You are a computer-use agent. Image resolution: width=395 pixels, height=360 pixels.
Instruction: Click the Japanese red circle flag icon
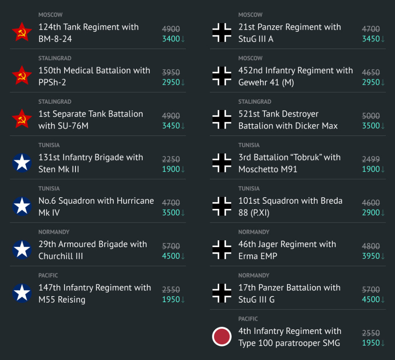click(x=222, y=337)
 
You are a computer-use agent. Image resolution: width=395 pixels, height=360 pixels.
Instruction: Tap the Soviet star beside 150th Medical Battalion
click(x=22, y=76)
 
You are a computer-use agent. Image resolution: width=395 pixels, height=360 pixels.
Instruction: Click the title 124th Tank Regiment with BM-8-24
click(x=88, y=33)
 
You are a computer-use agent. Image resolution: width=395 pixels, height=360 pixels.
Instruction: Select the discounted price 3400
click(x=171, y=39)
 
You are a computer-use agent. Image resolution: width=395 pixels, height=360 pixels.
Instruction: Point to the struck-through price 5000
click(x=371, y=116)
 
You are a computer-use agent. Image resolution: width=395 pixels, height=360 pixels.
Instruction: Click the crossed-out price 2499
click(x=371, y=160)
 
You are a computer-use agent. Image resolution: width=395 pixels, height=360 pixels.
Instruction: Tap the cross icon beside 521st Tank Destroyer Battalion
click(x=222, y=119)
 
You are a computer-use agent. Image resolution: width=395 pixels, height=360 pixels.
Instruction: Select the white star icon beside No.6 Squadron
click(x=22, y=206)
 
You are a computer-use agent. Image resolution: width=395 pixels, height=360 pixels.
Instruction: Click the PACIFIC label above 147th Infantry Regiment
click(x=48, y=275)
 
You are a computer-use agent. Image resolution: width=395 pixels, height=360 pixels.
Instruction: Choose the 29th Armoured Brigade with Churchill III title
click(x=92, y=250)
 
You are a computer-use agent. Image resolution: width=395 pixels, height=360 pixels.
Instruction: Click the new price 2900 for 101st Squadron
click(x=371, y=213)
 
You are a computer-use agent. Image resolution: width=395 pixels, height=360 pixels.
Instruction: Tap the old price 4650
click(x=371, y=73)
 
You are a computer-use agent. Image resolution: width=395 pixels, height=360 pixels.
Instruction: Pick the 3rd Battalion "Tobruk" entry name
click(x=289, y=163)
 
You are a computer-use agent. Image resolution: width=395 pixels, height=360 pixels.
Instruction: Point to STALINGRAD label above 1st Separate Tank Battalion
click(x=55, y=102)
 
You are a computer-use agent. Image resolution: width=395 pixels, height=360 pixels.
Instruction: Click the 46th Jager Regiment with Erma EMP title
click(x=287, y=250)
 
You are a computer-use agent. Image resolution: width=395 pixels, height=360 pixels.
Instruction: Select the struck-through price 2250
click(x=171, y=160)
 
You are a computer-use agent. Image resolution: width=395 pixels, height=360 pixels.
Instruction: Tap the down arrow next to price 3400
click(x=183, y=39)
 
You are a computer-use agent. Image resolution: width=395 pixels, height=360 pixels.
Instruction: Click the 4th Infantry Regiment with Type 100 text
click(x=289, y=337)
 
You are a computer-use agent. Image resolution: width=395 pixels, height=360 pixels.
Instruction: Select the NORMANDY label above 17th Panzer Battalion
click(x=253, y=275)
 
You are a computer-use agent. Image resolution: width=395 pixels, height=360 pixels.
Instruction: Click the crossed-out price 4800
click(x=371, y=246)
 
